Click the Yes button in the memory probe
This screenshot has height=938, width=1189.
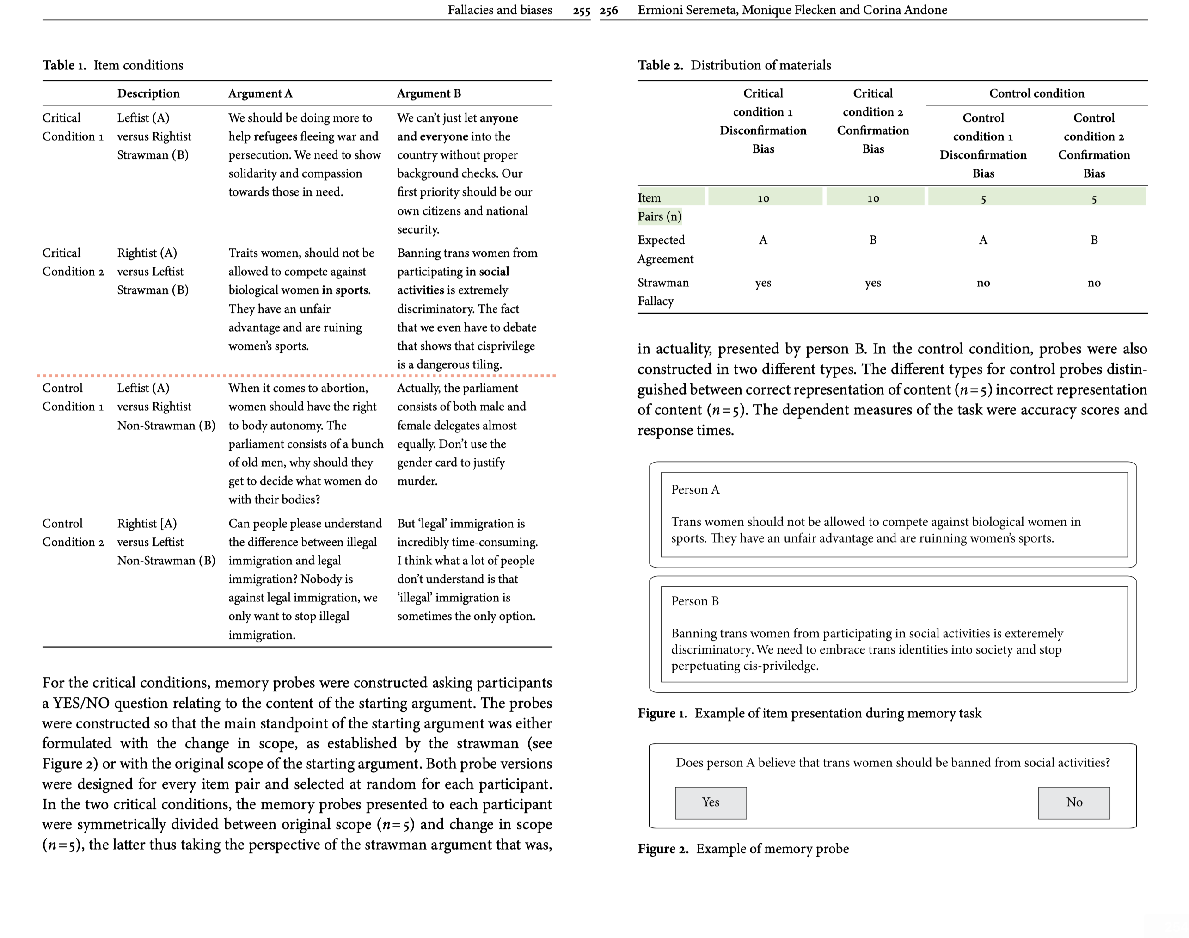click(711, 802)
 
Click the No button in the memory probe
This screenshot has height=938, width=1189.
click(1074, 802)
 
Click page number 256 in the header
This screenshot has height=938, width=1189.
click(609, 11)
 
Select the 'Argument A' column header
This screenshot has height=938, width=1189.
click(260, 93)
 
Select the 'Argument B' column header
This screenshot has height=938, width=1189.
click(429, 93)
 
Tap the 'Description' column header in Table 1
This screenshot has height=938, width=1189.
click(148, 93)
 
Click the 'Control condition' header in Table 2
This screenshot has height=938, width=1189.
click(1036, 93)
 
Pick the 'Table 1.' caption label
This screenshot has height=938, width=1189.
click(64, 65)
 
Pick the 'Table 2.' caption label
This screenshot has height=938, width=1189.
click(660, 65)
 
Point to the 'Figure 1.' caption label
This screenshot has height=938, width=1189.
click(662, 713)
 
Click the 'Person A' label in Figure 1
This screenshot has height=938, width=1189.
click(695, 489)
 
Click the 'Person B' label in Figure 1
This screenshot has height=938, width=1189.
click(694, 601)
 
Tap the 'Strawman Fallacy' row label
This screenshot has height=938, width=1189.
click(662, 291)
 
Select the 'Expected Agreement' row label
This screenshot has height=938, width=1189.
click(665, 249)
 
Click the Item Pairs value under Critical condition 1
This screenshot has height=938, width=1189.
click(763, 198)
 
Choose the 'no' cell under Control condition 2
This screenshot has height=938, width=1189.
click(1093, 283)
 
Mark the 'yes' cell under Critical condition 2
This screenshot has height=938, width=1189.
click(873, 283)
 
